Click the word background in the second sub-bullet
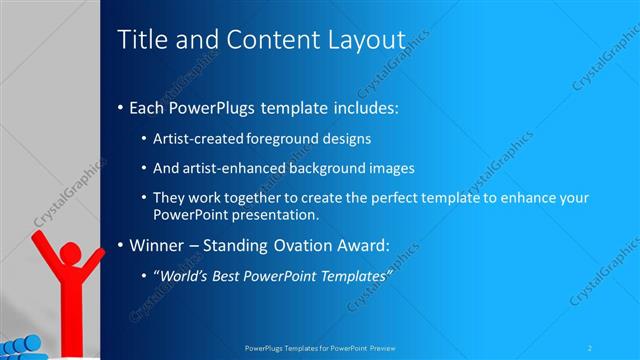335,168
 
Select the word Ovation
304,245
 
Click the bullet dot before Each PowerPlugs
121,107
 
